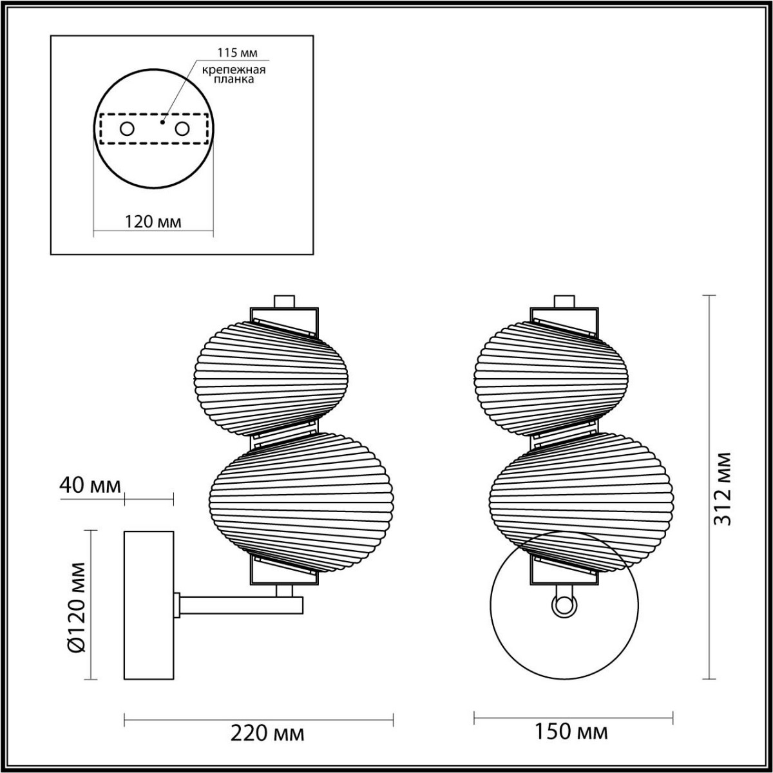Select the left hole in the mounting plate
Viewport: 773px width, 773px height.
[127, 129]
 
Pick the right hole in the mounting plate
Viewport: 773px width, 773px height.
[183, 129]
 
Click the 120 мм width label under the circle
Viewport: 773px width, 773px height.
[153, 222]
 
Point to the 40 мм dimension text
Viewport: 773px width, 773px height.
[90, 485]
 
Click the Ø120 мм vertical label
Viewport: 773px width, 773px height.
[77, 606]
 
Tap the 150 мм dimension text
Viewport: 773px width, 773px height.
[571, 732]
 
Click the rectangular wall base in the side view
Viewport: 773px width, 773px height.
[149, 605]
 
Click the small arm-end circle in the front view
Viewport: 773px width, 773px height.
[564, 605]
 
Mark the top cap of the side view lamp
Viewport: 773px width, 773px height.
[284, 301]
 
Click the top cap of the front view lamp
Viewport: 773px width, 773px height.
[564, 301]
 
